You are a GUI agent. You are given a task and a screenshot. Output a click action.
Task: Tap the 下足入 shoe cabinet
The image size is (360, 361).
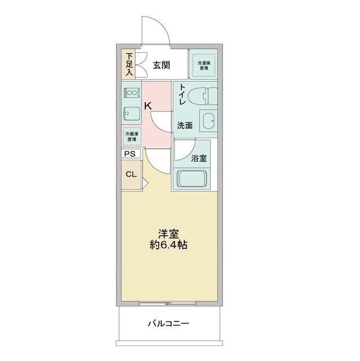(x=129, y=64)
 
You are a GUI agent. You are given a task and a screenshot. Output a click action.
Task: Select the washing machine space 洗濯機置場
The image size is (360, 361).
(x=203, y=64)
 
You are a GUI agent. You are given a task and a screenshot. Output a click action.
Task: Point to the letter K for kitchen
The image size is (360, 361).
(x=148, y=105)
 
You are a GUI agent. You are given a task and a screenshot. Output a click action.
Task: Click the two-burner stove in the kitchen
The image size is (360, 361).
(x=131, y=92)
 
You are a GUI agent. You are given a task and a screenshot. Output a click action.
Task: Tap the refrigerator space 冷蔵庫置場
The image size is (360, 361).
(x=131, y=137)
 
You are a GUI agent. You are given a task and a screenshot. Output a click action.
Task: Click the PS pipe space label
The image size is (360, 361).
(x=130, y=153)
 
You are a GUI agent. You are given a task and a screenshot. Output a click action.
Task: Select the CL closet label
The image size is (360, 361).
(x=131, y=174)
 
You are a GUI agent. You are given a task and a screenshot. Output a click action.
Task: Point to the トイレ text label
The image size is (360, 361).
(x=183, y=94)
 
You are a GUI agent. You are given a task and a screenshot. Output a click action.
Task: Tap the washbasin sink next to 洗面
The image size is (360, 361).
(x=209, y=121)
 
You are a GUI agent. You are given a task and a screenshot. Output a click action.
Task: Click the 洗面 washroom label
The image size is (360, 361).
(x=184, y=125)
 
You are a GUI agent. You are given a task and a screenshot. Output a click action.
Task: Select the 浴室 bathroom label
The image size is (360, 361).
(x=198, y=159)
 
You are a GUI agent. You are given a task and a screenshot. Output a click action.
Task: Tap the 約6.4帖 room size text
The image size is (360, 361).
(x=168, y=246)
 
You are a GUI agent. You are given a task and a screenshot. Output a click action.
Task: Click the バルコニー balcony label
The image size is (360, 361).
(x=168, y=324)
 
